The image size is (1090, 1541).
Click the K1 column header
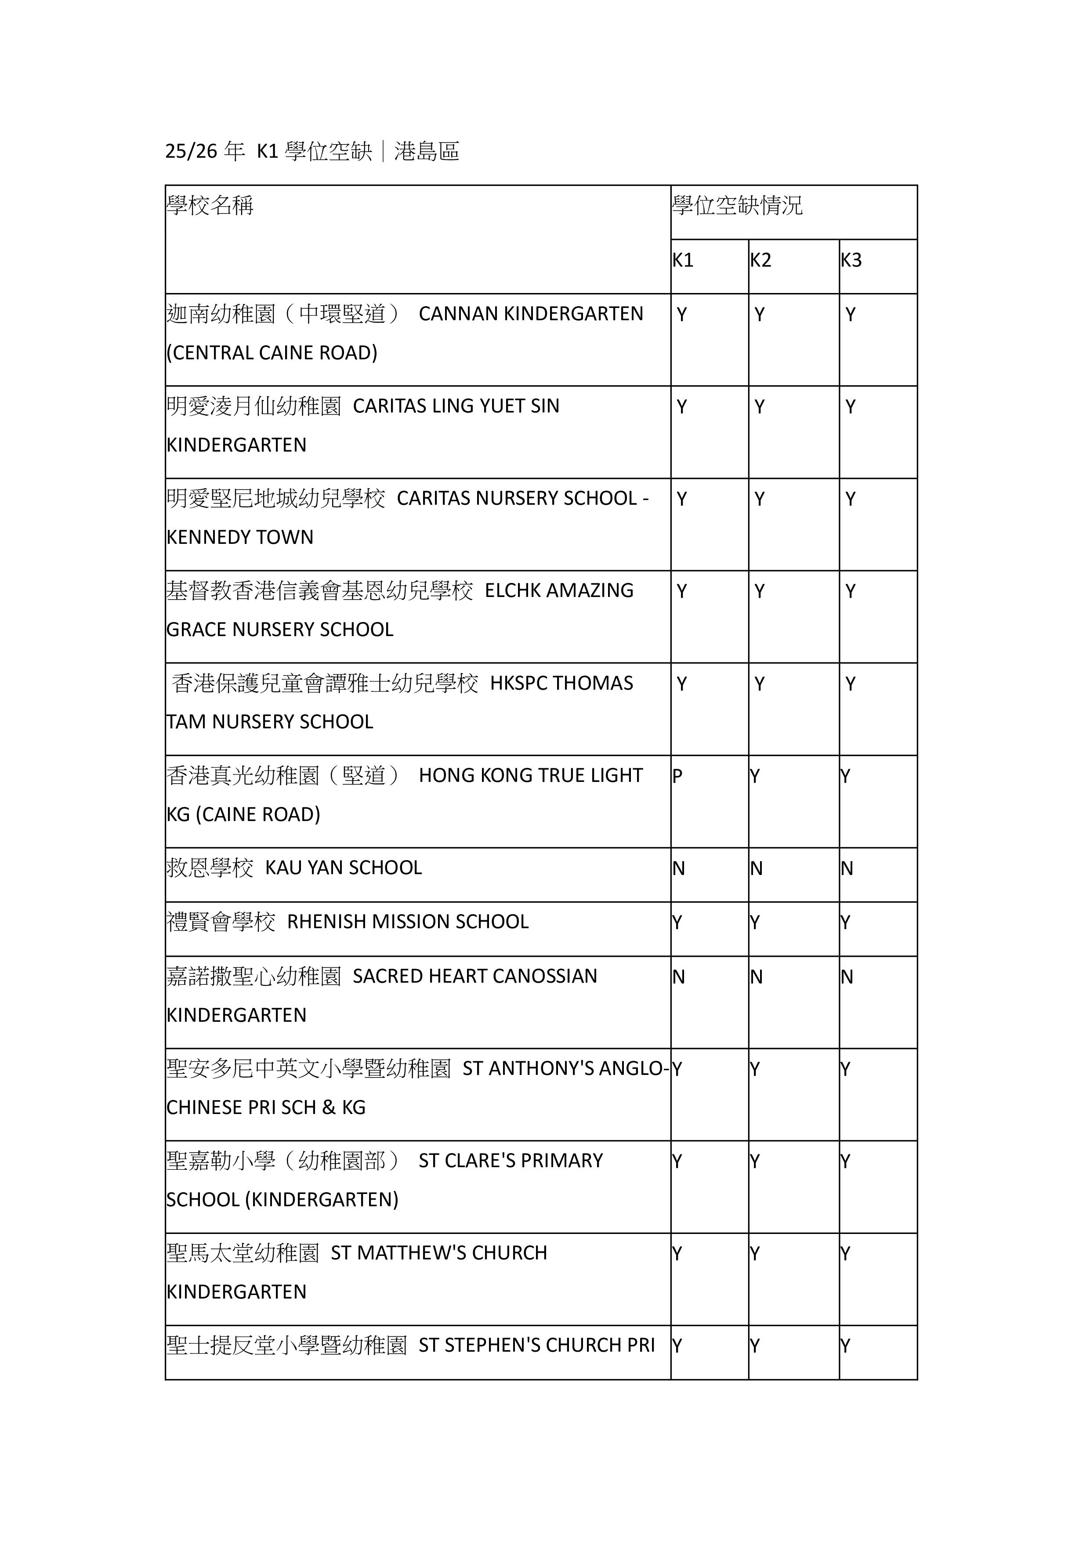coord(683,260)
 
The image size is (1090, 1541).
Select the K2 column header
coord(760,260)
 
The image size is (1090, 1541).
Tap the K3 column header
coord(851,260)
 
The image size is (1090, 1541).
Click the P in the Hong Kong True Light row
coord(677,777)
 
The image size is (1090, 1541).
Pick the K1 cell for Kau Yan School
coord(679,869)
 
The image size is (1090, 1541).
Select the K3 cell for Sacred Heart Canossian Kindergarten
coord(847,977)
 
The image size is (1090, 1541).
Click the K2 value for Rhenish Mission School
coord(755,923)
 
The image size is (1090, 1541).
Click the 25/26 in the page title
coord(191,152)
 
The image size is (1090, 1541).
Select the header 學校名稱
coord(210,206)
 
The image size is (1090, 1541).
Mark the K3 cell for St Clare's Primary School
coord(846,1162)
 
